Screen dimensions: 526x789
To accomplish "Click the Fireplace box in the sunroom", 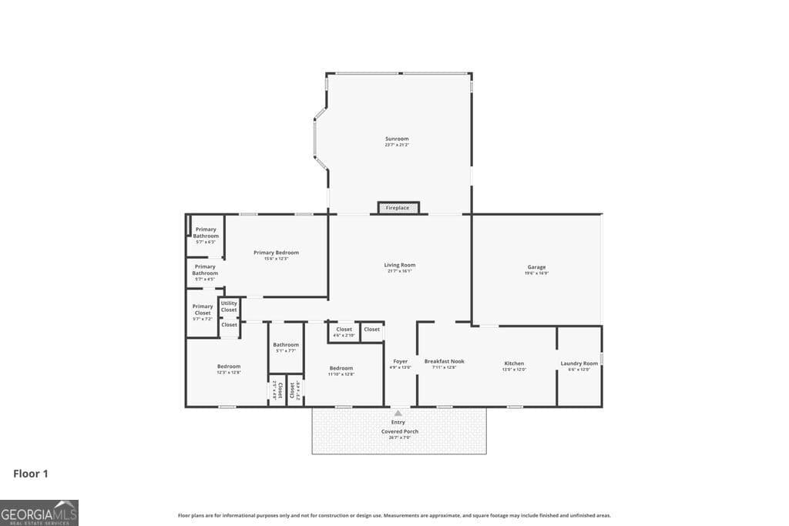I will point(398,208).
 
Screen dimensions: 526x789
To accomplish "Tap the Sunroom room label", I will point(397,139).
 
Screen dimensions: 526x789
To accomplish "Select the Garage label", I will point(536,267).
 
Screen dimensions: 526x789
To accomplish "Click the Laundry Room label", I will point(579,364).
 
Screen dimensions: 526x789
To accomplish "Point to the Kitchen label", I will point(514,364).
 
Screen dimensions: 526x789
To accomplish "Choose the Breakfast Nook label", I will point(444,361).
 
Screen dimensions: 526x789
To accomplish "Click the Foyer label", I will point(400,361).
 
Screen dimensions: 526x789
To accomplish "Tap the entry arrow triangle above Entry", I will point(398,414).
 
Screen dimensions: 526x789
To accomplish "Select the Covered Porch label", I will point(400,431).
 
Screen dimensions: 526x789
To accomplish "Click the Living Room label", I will point(400,265).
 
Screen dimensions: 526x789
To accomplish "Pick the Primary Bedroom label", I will point(276,253).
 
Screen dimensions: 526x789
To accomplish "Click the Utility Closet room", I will point(229,307).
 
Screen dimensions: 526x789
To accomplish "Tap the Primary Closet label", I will point(203,310).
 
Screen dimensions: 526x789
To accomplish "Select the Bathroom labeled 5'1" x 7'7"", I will point(285,344).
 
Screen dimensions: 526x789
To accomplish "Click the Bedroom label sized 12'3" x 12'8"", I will point(229,367).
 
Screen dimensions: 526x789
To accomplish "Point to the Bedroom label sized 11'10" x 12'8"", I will point(341,368).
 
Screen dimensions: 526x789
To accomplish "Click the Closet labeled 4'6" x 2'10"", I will point(344,330).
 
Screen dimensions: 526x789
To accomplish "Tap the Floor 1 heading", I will point(31,474).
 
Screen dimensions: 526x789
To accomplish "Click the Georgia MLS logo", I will point(39,513).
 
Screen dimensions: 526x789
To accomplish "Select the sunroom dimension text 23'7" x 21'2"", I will point(397,145).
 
